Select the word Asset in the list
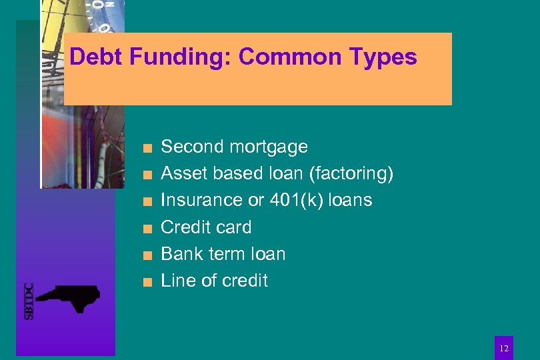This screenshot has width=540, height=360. point(184,173)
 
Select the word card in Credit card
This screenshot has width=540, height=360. point(233,227)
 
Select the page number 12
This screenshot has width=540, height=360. point(504,347)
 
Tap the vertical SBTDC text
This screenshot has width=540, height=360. point(29,301)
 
